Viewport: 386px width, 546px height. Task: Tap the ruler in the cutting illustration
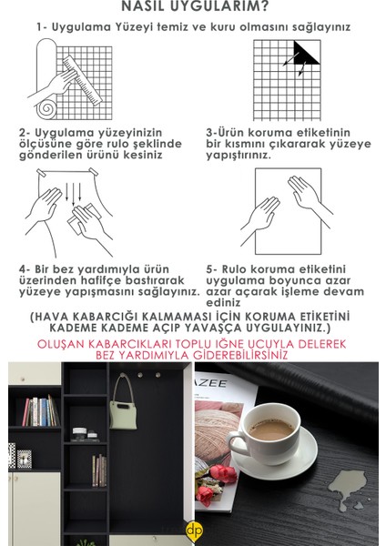coord(83,80)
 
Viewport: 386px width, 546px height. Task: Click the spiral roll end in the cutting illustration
coord(46,109)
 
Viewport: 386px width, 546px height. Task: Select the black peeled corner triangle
coord(306,53)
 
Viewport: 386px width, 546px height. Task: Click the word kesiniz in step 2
coord(143,155)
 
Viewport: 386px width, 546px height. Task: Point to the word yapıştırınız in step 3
coord(239,156)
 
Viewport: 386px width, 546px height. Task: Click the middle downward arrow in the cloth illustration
coord(73,195)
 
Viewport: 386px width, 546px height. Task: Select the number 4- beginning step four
coord(25,269)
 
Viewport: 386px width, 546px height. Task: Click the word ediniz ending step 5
coord(223,303)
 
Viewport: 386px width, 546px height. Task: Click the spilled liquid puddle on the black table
coord(347,487)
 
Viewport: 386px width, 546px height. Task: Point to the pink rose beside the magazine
coord(223,473)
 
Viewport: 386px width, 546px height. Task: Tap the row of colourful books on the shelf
coord(41,411)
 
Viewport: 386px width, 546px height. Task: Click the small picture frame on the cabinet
coord(25,459)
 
